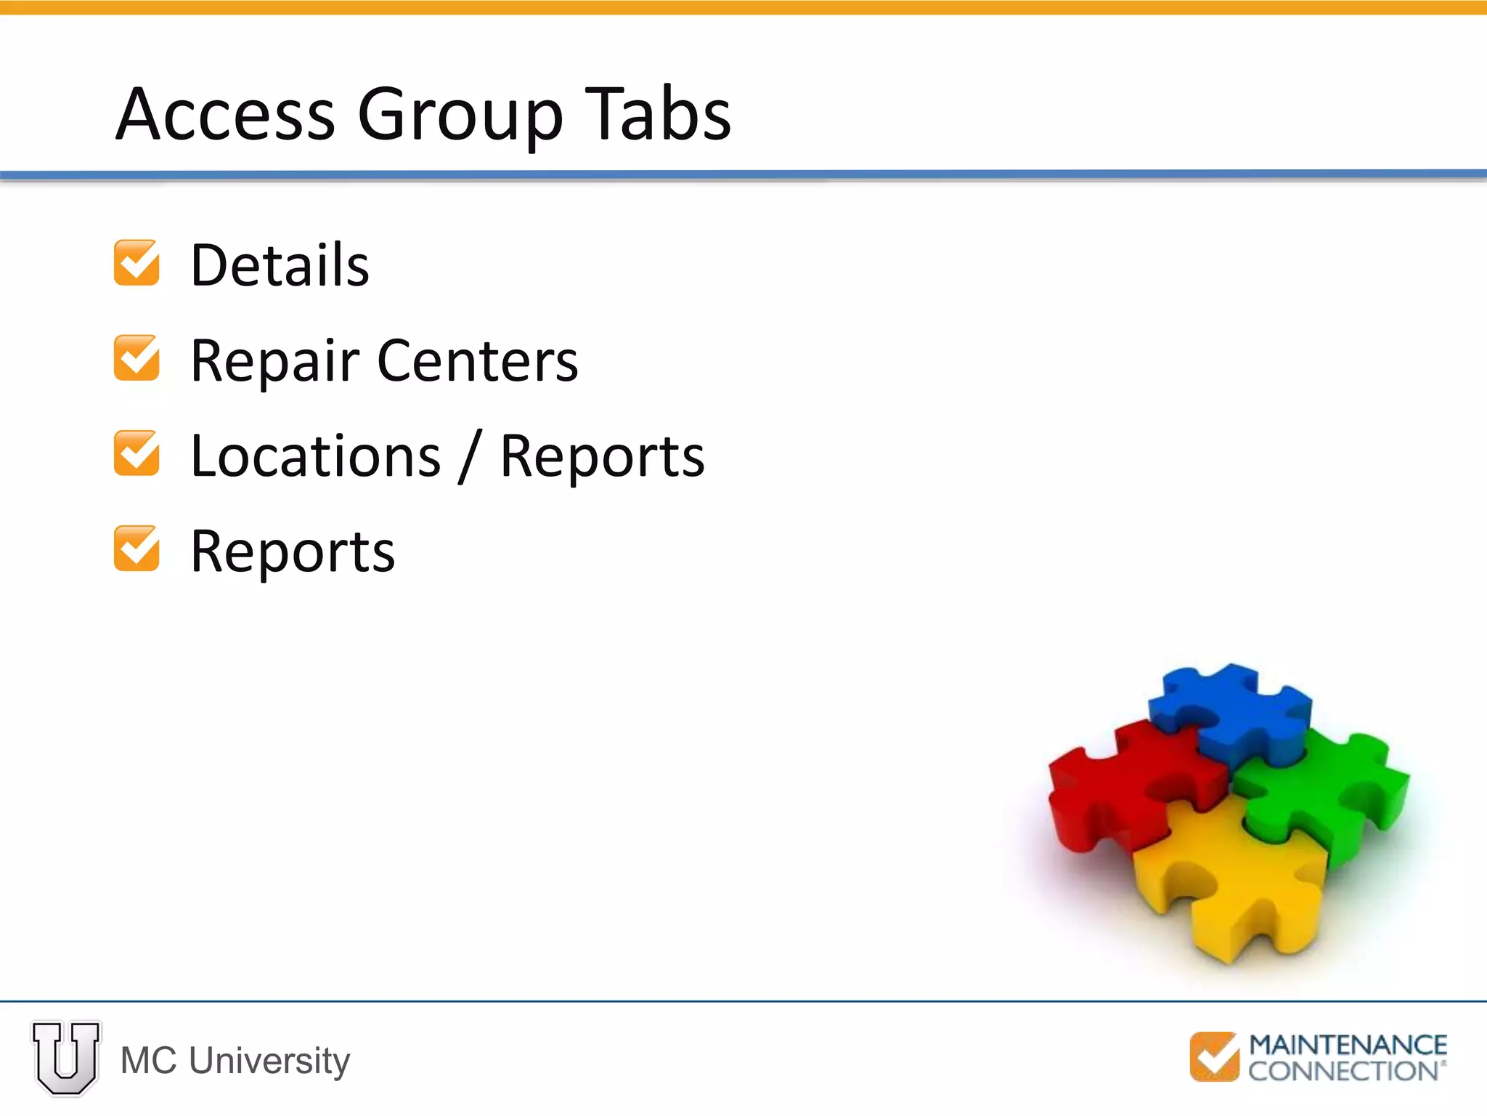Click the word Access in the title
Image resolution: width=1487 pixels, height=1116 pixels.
coord(226,114)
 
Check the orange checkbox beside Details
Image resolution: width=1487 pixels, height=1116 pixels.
coord(137,263)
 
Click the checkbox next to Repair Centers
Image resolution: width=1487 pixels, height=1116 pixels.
coord(137,358)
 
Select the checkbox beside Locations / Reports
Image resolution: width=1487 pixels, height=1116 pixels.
coord(137,453)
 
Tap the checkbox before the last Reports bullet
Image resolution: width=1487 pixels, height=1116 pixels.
coord(137,549)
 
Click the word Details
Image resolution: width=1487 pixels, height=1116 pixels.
coord(280,265)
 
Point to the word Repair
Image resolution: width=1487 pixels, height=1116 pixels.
coord(274,361)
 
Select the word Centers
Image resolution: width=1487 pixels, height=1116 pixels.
coord(478,361)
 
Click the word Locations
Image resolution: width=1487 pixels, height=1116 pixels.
coord(316,456)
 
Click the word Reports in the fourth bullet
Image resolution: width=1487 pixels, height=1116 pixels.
coord(293,552)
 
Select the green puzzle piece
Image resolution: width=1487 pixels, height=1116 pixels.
coord(1329,792)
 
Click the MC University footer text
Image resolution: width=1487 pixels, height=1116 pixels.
coord(235,1060)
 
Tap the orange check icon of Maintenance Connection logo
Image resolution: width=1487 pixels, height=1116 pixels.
coord(1215,1056)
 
